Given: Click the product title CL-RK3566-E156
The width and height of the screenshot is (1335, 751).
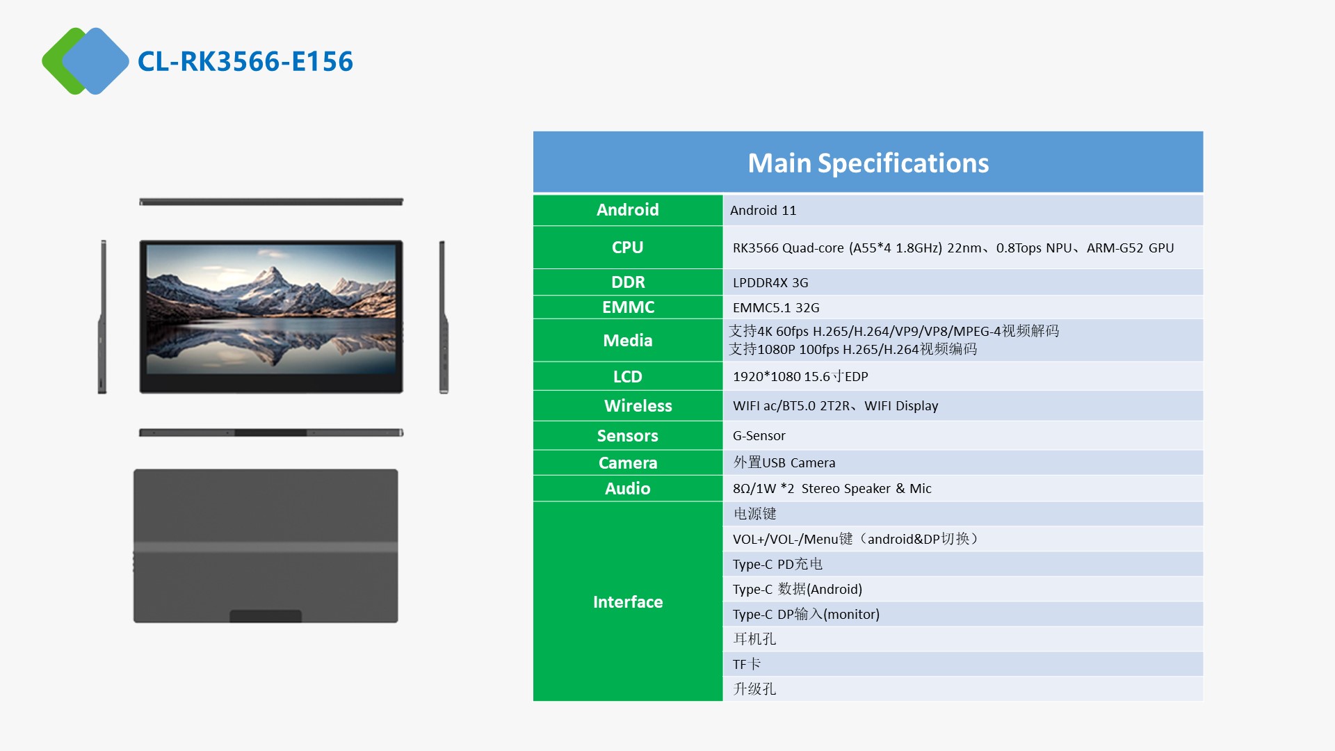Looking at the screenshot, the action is click(x=245, y=61).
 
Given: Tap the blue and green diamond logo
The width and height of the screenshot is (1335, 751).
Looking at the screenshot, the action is click(x=86, y=61).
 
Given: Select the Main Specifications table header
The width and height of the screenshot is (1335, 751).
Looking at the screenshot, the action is click(x=868, y=162).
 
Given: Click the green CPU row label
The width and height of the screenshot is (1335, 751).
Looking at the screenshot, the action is click(x=628, y=248).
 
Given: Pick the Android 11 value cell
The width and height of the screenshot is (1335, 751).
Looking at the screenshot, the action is click(x=963, y=210).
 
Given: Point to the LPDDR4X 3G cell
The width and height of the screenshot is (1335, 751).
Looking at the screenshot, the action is click(x=963, y=282).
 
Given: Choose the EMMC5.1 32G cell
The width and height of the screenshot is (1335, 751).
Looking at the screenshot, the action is click(x=963, y=307).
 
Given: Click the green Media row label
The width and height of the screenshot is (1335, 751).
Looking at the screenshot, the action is click(x=628, y=340).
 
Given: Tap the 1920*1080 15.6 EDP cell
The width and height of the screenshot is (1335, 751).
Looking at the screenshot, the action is click(x=963, y=376).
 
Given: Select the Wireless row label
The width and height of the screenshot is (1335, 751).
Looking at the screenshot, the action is click(x=628, y=406).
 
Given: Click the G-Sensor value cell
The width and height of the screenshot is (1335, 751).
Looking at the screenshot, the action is click(x=963, y=435).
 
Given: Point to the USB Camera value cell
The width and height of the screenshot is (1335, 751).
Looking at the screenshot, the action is click(x=963, y=462).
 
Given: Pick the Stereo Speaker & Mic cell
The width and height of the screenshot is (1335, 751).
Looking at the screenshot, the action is click(x=963, y=488).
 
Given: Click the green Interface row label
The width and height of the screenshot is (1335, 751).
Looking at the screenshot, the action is click(x=628, y=601).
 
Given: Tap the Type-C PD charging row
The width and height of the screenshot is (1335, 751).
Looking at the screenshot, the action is click(x=963, y=564).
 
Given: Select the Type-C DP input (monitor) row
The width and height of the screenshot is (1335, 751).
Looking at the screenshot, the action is click(x=963, y=614).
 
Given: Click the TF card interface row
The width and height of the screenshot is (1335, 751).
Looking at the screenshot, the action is click(x=963, y=664).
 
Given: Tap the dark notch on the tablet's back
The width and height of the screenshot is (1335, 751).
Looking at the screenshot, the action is click(x=266, y=616).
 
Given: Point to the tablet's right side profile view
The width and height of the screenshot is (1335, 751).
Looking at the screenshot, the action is click(x=443, y=317).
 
